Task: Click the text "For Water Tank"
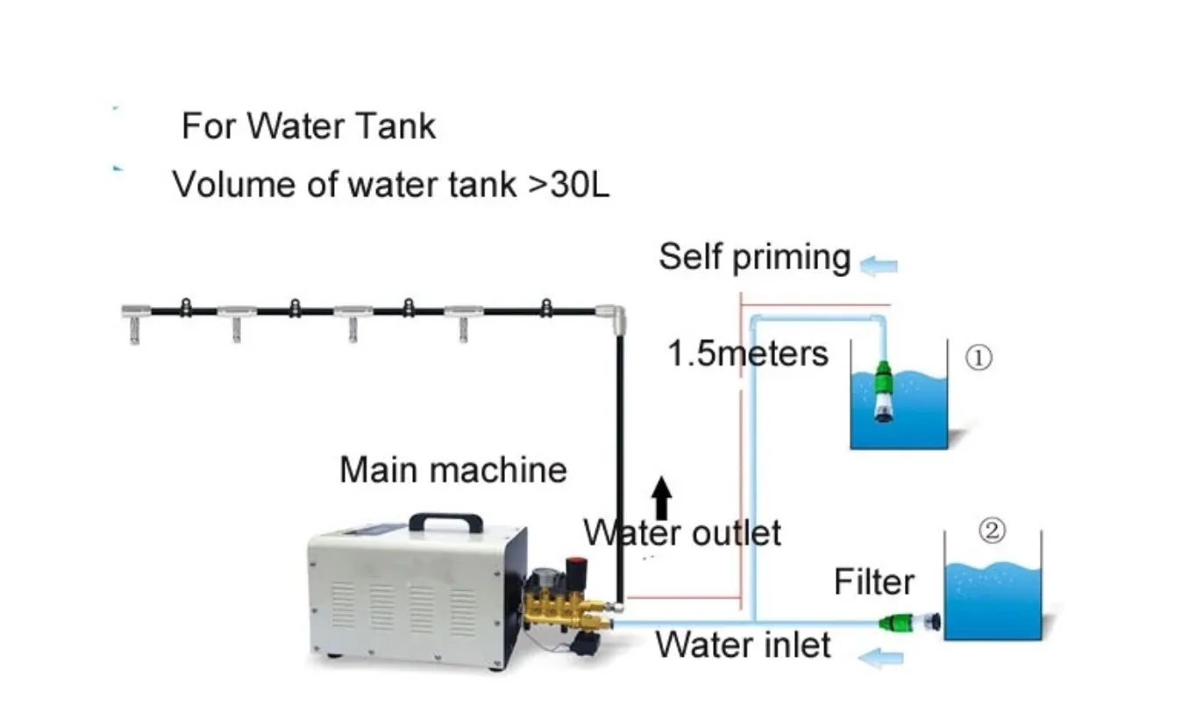tap(308, 126)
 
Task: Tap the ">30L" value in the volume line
tap(568, 185)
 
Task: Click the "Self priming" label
tap(754, 257)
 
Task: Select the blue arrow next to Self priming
tap(879, 263)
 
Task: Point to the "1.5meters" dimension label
tap(747, 353)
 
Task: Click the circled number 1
tap(979, 358)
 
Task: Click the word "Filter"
tap(873, 581)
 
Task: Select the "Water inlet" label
tap(743, 645)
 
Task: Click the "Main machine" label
tap(452, 470)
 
